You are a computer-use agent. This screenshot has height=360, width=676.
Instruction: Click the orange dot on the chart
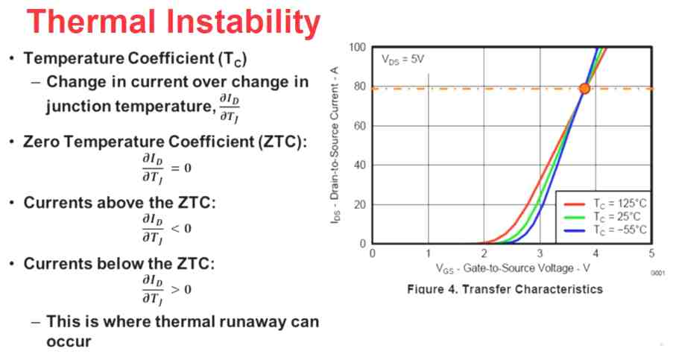click(x=584, y=88)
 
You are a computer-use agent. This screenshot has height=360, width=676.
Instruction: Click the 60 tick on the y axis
click(x=360, y=125)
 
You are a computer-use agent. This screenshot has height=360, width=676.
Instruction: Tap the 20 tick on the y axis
click(x=360, y=204)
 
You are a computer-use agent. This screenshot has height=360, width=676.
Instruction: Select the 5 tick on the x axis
click(x=651, y=253)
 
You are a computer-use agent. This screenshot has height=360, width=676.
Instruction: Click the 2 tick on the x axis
click(x=484, y=253)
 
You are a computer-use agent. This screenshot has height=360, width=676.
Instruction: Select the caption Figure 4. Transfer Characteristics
click(x=505, y=289)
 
